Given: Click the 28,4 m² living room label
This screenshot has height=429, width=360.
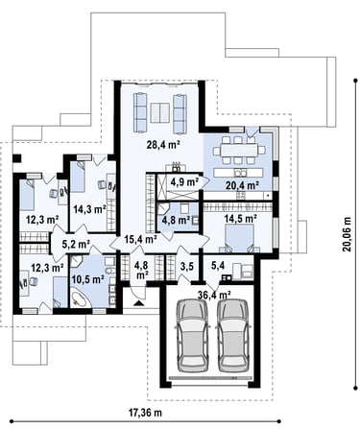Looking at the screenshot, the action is coord(163,145).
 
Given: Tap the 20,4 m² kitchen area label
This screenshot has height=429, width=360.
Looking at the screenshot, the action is coord(242,184).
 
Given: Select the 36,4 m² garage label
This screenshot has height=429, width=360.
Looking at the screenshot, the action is coord(214,295).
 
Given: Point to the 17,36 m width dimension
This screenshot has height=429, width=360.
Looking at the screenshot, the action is coord(145,413).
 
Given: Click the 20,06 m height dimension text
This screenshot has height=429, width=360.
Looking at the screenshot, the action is coord(347,234).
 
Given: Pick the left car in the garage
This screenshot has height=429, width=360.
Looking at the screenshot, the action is coord(193,335).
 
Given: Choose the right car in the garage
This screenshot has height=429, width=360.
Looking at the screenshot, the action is coord(233,335).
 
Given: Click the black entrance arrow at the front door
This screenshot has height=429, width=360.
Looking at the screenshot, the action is coord(139,303).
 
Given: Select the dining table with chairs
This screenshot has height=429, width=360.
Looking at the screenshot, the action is coord(239,150).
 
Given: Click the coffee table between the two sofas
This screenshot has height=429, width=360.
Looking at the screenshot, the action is coord(160,113).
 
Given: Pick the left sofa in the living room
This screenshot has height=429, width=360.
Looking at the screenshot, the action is coord(140,112).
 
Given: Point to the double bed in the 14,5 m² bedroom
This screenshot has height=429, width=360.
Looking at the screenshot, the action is coord(240,238).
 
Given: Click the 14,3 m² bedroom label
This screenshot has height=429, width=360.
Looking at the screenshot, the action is coord(89,209).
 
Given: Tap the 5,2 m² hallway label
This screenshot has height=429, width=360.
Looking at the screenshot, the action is coord(76,245).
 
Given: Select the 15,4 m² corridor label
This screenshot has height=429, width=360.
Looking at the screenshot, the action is coord(140,239).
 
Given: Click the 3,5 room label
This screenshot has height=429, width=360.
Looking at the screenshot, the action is coord(187,266).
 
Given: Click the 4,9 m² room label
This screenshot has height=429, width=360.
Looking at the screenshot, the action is coord(183,182).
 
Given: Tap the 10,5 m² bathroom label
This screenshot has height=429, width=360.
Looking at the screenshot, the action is coord(88,279).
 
